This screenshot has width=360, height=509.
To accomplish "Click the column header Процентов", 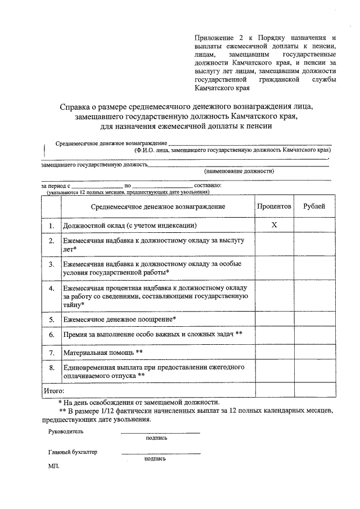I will (x=274, y=206).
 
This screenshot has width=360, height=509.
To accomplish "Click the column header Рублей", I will (x=314, y=206).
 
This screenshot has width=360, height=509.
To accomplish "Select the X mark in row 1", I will (x=274, y=226).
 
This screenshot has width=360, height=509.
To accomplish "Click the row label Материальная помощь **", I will (x=103, y=353).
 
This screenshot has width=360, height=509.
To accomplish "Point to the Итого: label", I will (x=54, y=390).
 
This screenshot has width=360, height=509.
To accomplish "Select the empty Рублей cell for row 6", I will (x=314, y=335).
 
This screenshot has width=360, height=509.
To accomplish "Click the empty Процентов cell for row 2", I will (x=274, y=244).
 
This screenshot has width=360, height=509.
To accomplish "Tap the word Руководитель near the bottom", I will (x=66, y=431).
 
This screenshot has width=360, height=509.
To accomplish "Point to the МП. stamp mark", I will (x=54, y=466).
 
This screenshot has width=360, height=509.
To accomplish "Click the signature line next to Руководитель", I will (x=160, y=432).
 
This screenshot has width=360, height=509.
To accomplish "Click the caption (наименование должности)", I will (x=239, y=170).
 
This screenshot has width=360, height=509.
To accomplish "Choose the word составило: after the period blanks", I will (x=208, y=184).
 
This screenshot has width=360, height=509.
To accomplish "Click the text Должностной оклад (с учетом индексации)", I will (x=129, y=226).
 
